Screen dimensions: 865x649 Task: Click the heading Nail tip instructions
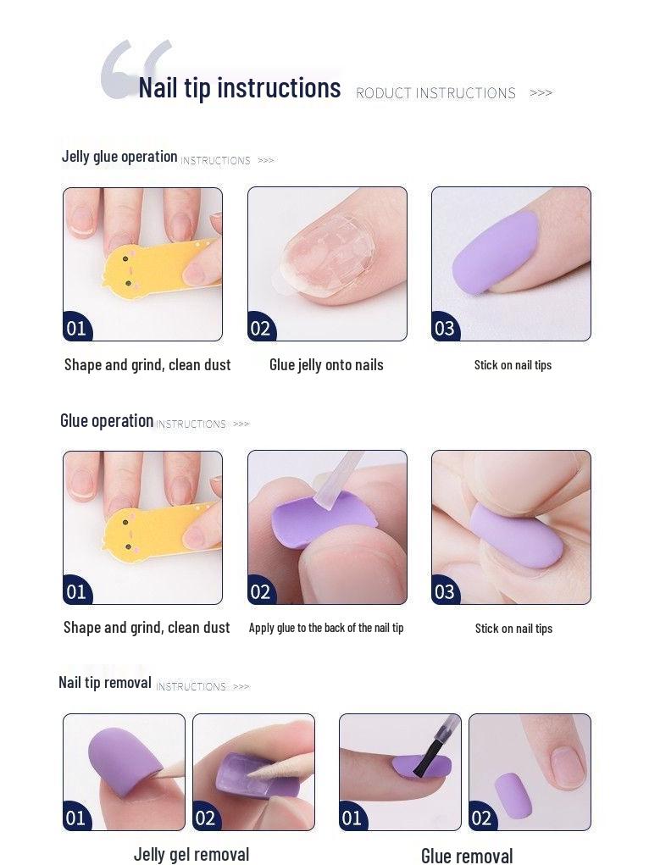239,88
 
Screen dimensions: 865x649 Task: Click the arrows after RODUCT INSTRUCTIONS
541,92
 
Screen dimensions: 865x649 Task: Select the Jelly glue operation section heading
119,157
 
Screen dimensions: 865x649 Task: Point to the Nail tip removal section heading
105,682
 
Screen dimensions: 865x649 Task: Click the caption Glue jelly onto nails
326,365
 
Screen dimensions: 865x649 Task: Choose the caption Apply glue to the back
326,628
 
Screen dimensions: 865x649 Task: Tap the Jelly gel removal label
191,854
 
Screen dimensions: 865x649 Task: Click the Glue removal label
467,856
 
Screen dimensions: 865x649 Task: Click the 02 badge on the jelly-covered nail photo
260,328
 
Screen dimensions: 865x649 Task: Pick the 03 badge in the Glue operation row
444,591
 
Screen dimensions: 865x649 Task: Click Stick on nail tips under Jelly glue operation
513,365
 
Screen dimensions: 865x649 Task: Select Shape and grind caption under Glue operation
147,628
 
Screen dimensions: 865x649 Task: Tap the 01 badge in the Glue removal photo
352,818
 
